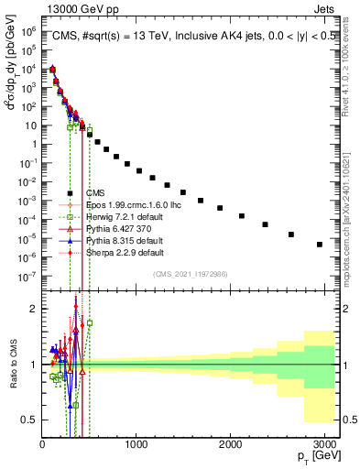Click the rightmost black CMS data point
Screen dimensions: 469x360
click(x=319, y=245)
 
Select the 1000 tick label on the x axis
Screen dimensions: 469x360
click(x=136, y=444)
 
